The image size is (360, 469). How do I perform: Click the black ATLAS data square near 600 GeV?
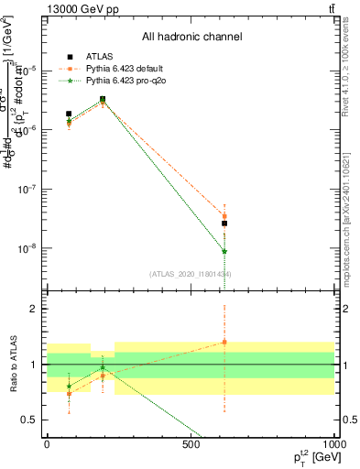[x=224, y=224]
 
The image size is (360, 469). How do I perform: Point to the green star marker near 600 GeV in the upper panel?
[x=224, y=251]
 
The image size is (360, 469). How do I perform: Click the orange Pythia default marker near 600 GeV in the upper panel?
[x=224, y=216]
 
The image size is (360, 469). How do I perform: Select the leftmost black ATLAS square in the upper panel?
[x=69, y=114]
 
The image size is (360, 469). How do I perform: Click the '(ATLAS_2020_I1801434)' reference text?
[x=191, y=275]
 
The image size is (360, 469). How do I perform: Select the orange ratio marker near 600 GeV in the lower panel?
[x=224, y=342]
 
